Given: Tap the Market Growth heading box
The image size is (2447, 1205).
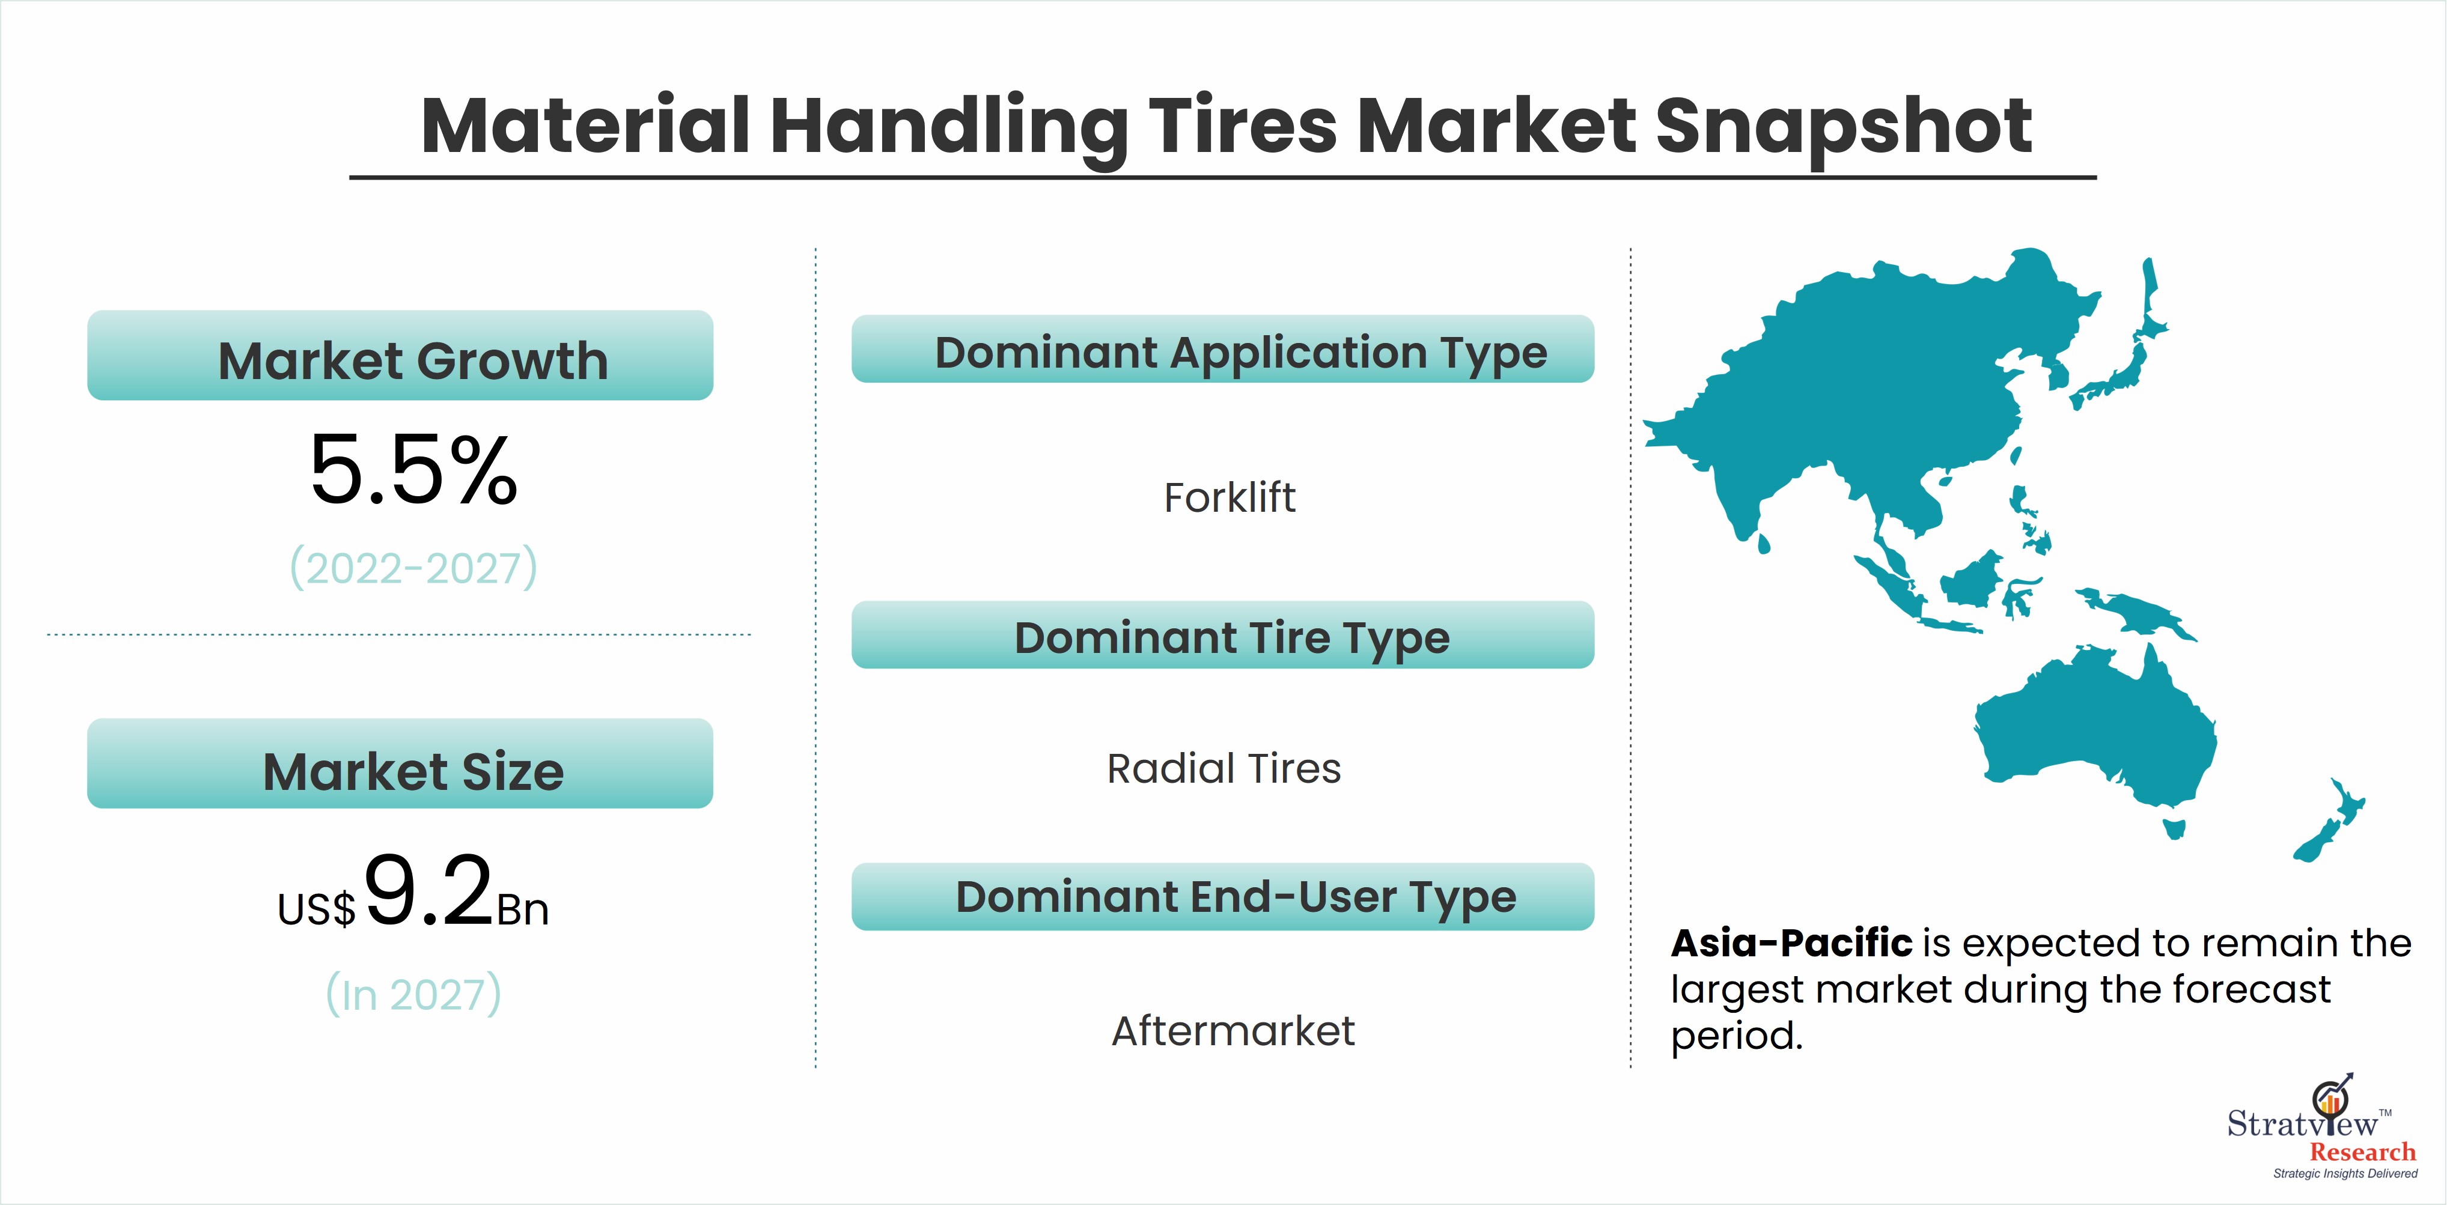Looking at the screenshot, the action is pos(400,355).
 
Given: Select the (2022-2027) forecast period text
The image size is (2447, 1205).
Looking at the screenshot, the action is pos(413,568).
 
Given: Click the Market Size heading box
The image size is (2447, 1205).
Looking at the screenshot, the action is pos(400,763).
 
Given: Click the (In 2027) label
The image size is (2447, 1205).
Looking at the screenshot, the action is pos(413,994).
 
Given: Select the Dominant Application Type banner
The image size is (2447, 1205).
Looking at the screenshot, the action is pos(1222,348).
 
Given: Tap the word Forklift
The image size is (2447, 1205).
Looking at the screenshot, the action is pos(1229,497).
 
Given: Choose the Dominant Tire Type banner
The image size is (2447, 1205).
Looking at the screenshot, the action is pos(1222,634).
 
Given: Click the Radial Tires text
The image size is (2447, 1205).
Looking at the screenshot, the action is pos(1223,768).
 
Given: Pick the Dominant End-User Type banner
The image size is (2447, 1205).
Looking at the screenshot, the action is pos(1222,896).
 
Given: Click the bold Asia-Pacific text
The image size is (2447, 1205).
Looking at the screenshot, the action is pos(1791,943).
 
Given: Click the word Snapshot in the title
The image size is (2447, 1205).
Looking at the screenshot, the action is pos(1843,126).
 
